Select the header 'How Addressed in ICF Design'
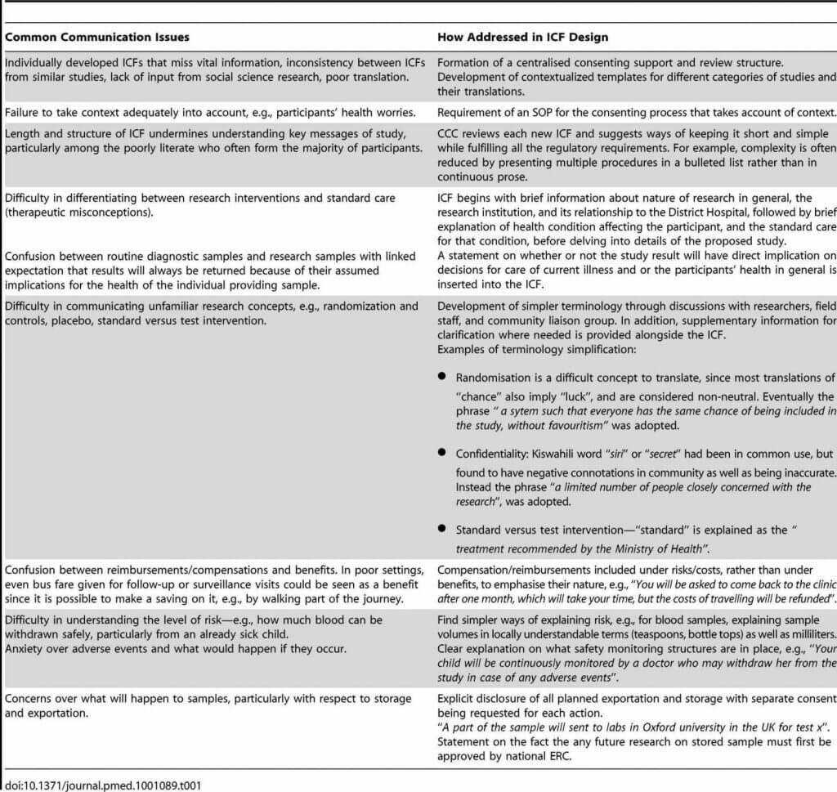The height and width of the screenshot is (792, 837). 522,37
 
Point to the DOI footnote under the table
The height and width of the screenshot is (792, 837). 102,785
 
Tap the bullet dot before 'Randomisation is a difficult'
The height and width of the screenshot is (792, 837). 442,377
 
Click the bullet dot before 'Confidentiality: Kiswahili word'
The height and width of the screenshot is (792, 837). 442,452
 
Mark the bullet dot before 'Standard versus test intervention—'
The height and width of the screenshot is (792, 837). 442,529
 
